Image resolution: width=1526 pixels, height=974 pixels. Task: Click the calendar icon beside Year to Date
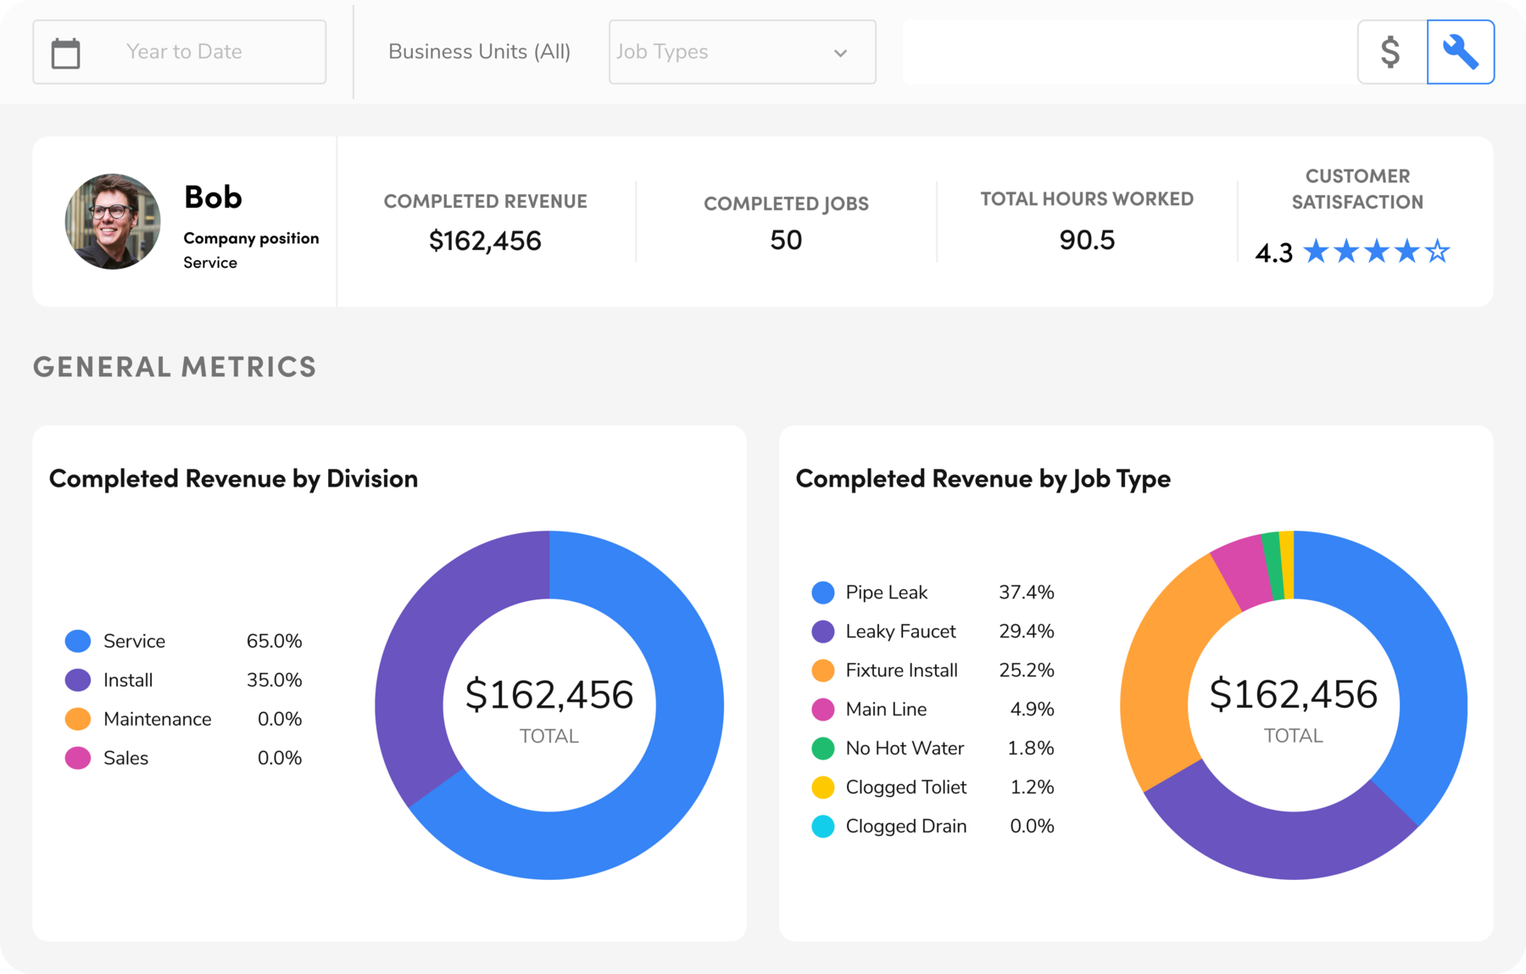coord(65,53)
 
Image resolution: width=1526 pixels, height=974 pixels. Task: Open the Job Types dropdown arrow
coord(840,53)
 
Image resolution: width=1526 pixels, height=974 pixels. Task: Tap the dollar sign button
coord(1390,52)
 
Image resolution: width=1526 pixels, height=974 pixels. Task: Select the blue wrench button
coord(1460,52)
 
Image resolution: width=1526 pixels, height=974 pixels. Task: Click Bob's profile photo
coord(113,221)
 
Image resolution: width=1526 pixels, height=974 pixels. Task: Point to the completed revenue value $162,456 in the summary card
coord(485,241)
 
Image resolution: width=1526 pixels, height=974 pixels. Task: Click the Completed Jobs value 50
coord(786,240)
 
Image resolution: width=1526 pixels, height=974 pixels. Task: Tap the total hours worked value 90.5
coord(1087,240)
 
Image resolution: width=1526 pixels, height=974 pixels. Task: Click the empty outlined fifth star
coord(1437,251)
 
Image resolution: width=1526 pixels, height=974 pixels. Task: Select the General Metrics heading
coord(175,366)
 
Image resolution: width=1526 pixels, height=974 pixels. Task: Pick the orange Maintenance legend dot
coord(78,719)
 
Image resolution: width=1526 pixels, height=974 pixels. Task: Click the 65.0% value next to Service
coord(274,641)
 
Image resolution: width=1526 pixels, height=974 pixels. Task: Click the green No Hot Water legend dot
coord(822,748)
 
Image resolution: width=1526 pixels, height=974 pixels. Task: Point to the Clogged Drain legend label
coord(905,826)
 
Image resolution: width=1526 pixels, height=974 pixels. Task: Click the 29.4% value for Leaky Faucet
coord(1026,631)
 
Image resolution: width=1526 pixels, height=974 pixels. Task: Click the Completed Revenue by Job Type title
coord(983,479)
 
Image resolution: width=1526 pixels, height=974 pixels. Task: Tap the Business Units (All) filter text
coord(479,52)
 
